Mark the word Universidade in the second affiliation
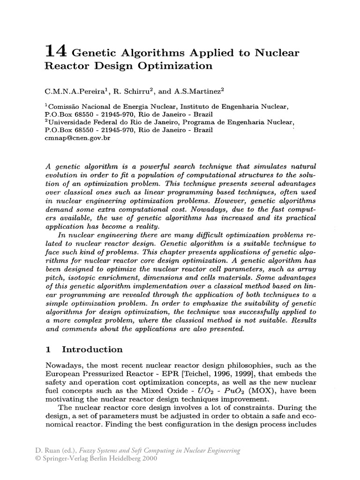pos(68,123)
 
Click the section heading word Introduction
pos(92,350)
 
